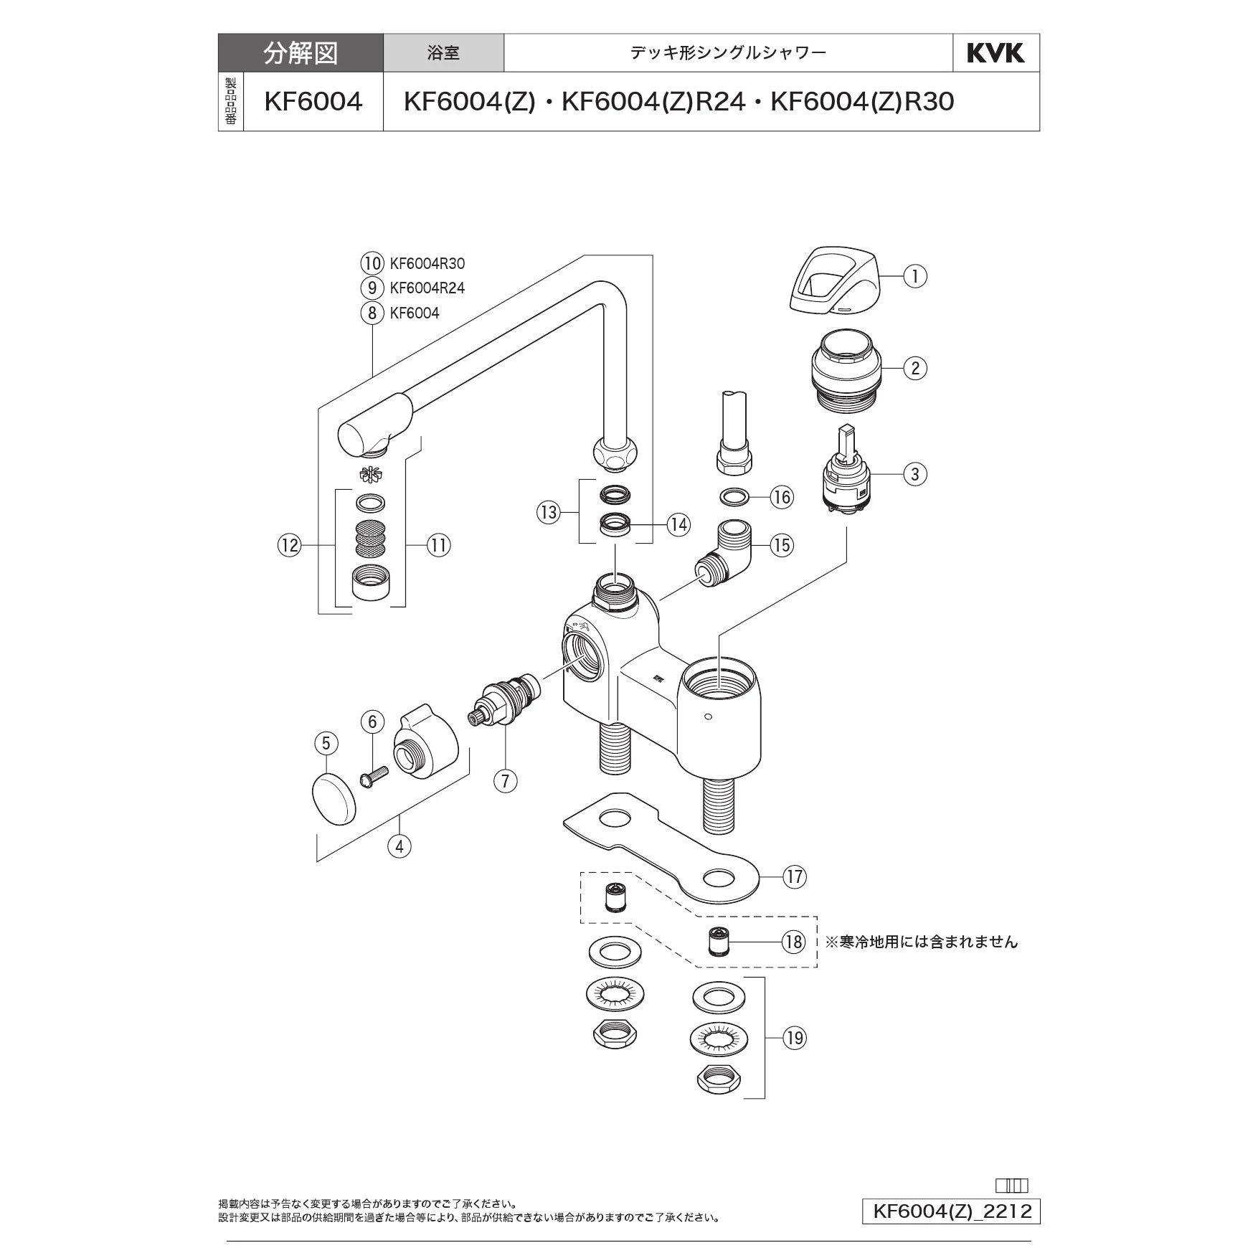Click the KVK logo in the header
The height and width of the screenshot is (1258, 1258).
[x=995, y=53]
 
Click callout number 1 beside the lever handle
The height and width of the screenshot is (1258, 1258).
[x=914, y=276]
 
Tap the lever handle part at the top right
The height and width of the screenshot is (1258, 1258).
[x=833, y=280]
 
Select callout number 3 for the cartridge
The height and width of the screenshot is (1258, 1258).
[x=914, y=474]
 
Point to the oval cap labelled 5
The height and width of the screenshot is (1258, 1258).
[x=334, y=798]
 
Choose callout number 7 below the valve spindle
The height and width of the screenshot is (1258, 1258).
[x=505, y=780]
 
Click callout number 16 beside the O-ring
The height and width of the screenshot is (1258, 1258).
[x=782, y=497]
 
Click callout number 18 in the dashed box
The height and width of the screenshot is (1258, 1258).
[x=794, y=941]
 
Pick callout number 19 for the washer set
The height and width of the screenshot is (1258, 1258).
[x=794, y=1038]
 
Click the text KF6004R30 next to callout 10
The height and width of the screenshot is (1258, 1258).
[x=427, y=263]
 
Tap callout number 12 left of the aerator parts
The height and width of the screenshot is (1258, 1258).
[x=290, y=546]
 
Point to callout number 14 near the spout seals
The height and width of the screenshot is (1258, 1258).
[x=678, y=524]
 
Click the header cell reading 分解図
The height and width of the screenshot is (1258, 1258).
[x=301, y=53]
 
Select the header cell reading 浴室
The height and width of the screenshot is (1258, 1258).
[x=443, y=53]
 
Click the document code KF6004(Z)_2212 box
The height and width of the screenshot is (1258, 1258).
[x=951, y=1211]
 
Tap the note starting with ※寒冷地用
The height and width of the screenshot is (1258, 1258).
[x=921, y=942]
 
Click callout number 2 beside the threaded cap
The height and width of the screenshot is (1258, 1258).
[x=914, y=369]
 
